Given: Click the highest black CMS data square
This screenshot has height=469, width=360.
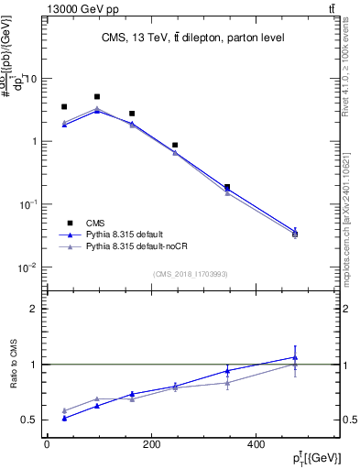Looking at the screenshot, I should pyautogui.click(x=97, y=96).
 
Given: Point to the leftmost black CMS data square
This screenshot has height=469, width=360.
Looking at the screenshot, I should pyautogui.click(x=63, y=107).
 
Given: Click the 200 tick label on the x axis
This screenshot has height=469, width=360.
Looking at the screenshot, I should pyautogui.click(x=170, y=444).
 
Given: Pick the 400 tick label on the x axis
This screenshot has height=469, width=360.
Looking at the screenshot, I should pyautogui.click(x=294, y=444).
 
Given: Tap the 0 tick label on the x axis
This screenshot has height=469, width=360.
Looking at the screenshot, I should pyautogui.click(x=47, y=444).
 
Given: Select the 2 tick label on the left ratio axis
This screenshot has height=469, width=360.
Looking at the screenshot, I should pyautogui.click(x=34, y=309).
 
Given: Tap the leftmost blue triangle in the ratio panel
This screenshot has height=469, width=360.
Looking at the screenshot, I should pyautogui.click(x=63, y=418).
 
